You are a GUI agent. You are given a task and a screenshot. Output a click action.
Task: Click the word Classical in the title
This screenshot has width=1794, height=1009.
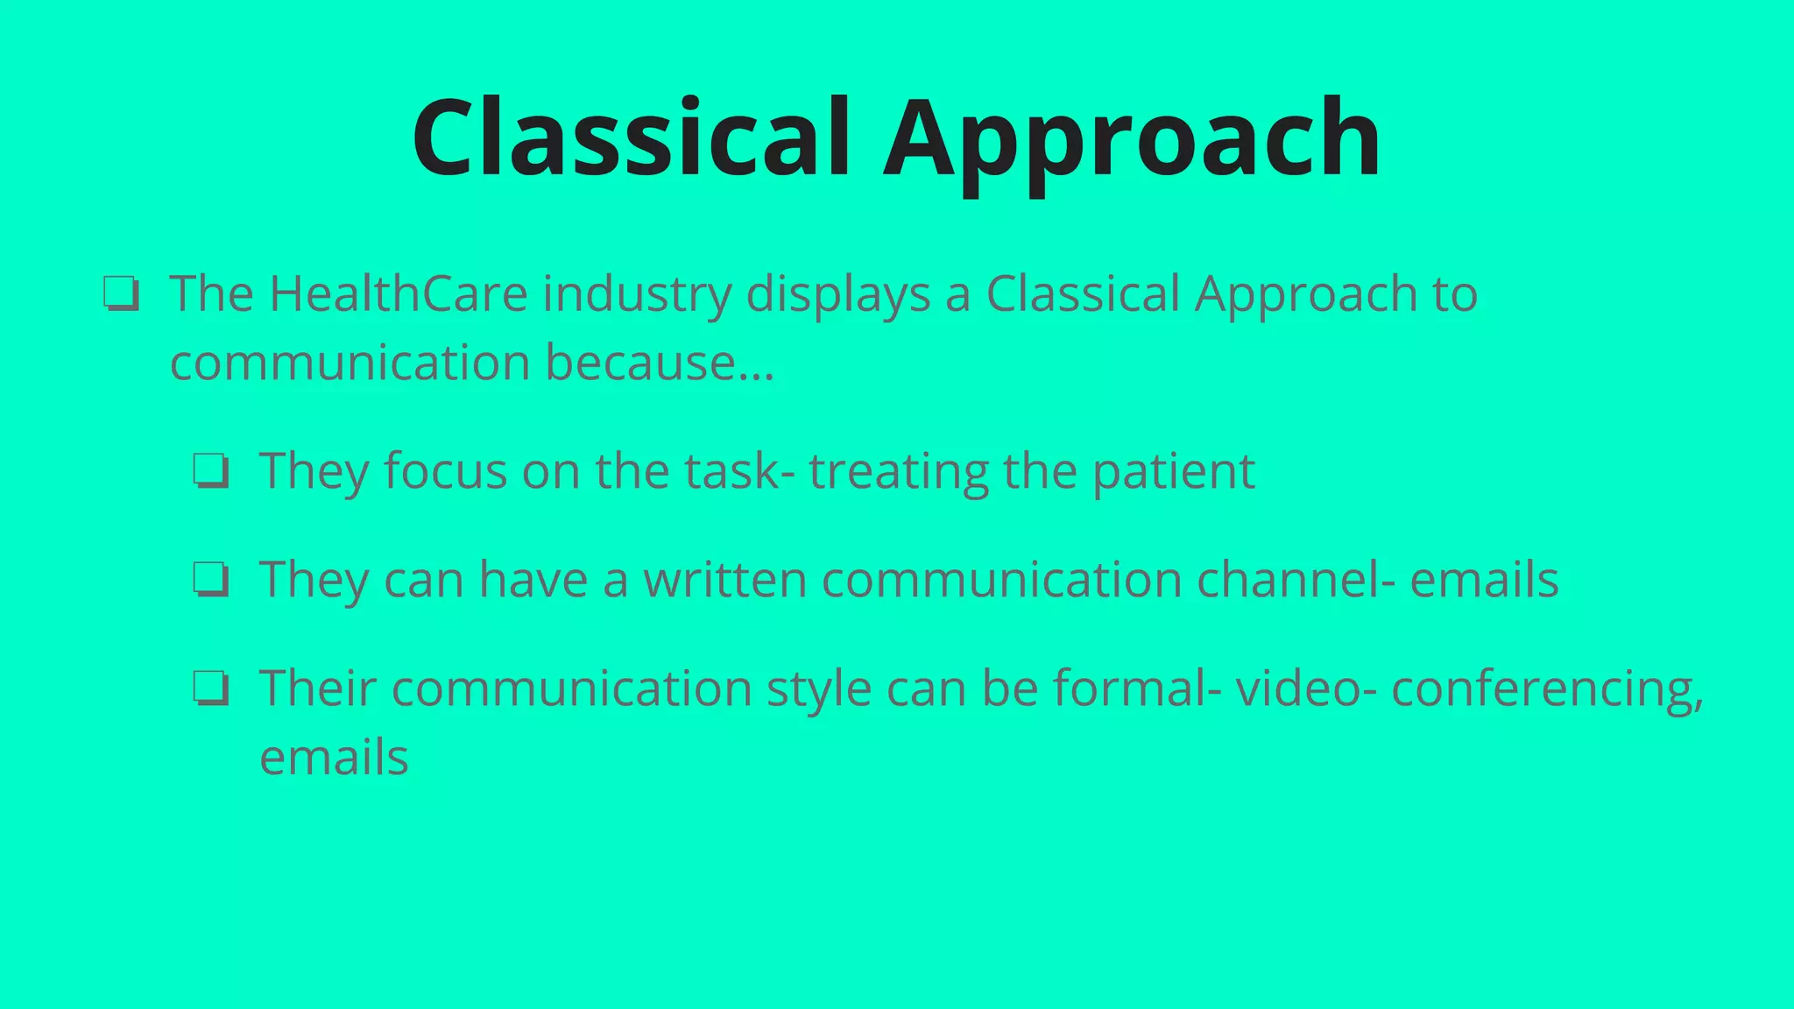point(631,138)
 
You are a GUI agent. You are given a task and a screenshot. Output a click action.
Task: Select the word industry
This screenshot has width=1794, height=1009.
point(637,295)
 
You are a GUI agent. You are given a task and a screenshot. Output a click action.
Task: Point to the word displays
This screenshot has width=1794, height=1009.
point(837,295)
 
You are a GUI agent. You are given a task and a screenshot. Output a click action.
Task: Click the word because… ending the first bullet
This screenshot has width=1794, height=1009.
point(660,363)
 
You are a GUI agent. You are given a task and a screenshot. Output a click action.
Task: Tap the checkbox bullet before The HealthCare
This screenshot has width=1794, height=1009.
point(121,293)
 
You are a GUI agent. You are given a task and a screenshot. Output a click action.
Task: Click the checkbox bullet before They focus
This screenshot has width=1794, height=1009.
point(211,471)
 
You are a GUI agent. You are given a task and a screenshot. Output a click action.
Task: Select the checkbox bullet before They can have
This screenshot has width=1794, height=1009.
point(211,580)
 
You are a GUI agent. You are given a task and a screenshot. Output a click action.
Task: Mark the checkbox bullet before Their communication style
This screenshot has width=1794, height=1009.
point(211,688)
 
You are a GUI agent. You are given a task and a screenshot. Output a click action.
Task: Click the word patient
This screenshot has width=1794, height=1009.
point(1173,472)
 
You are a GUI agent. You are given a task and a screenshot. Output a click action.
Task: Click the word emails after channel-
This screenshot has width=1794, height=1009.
point(1484,580)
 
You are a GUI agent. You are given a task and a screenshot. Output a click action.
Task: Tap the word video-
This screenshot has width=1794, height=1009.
point(1305,688)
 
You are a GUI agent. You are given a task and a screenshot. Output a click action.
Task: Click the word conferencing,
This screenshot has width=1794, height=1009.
point(1547,690)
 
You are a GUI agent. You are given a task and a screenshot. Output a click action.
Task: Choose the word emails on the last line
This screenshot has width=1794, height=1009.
point(334,758)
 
